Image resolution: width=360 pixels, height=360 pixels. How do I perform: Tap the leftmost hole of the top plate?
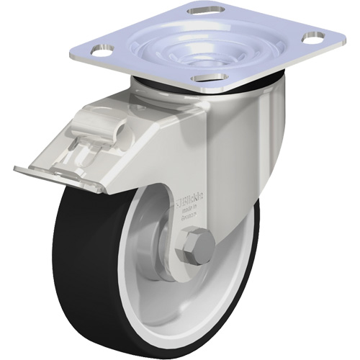point(102,50)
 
